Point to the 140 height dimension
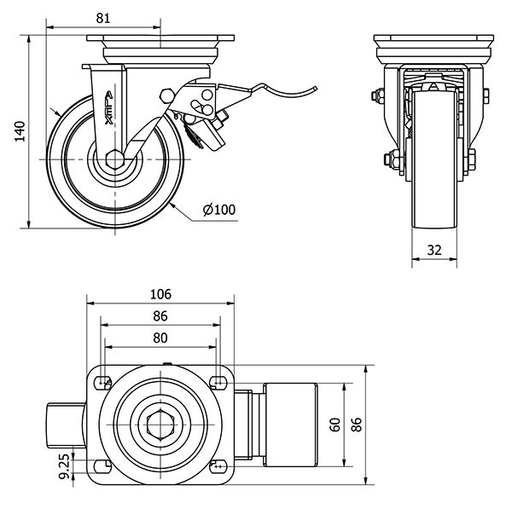19,132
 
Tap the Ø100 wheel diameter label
218,210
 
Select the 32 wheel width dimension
435,250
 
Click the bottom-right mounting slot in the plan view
218,466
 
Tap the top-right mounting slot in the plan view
218,381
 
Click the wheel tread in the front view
435,162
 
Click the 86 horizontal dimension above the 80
160,315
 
